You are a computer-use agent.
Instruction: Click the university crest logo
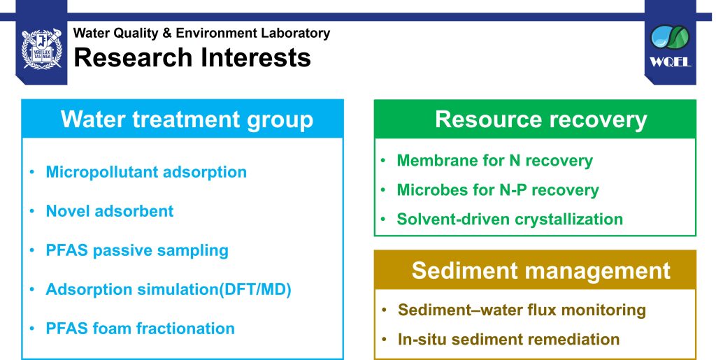pos(41,49)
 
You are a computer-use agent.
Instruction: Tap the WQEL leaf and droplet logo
pos(670,38)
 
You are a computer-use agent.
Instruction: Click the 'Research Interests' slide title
pos(192,57)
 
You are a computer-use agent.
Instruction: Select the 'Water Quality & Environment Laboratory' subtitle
pos(201,33)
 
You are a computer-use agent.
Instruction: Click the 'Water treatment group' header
pos(187,119)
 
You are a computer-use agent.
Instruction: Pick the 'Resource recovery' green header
pos(541,120)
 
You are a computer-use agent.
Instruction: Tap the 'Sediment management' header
pos(541,270)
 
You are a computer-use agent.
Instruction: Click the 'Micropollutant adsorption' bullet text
pos(146,172)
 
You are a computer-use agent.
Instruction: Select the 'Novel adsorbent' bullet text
pos(110,211)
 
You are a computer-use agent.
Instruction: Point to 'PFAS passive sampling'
pos(137,250)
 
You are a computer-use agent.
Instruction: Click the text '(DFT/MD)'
pos(255,289)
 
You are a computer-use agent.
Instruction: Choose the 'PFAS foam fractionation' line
pos(140,329)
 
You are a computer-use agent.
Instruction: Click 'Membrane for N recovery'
pos(494,161)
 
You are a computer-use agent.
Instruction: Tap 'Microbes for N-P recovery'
pos(498,190)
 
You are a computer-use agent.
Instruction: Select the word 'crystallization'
pos(569,219)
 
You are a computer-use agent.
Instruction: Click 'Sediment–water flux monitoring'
pos(522,310)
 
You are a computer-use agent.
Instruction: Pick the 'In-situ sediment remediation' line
pos(509,340)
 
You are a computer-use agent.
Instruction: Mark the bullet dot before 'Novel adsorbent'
pos(32,211)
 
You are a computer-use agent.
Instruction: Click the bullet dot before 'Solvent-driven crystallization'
pos(383,219)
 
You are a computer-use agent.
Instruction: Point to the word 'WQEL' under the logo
pos(670,62)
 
